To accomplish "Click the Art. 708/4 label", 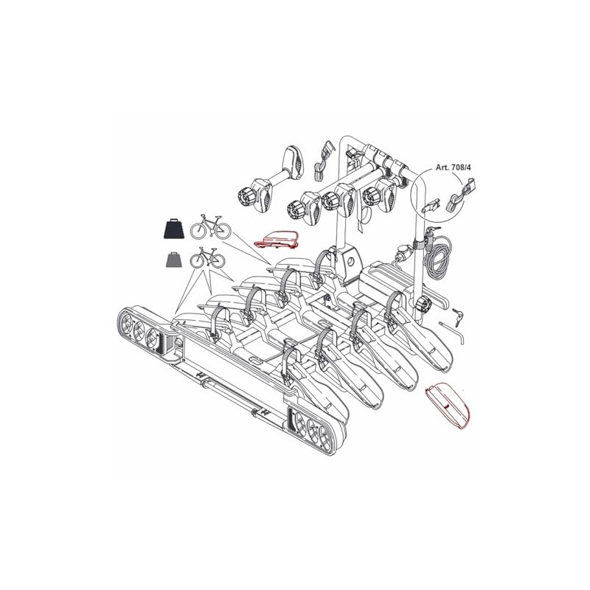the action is coord(453,167).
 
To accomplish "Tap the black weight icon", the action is coord(173,228).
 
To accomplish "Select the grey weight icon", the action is coord(174,260).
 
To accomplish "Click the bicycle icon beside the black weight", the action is coord(210,226).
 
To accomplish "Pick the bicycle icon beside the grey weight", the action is coord(208,257).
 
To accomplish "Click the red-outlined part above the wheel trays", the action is coord(277,239).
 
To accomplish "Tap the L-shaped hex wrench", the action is coord(452,331).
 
